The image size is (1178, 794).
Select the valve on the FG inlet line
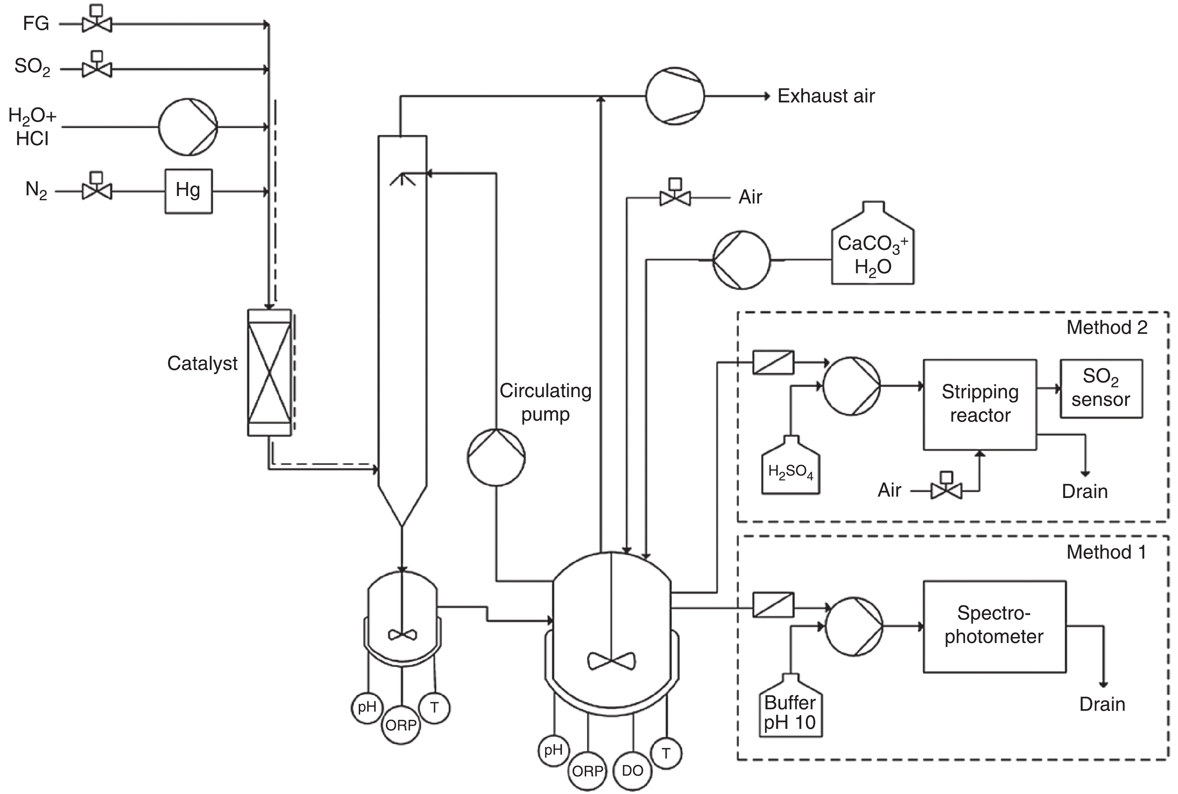[97, 23]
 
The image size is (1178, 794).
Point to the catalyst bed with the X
[269, 373]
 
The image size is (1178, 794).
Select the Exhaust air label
[826, 96]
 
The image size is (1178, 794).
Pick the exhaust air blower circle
[675, 96]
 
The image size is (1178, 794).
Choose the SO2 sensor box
[1101, 389]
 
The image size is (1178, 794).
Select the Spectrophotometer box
[994, 626]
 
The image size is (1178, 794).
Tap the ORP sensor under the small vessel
[401, 725]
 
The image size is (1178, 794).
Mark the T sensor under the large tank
[666, 754]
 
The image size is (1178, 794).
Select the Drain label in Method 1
[1102, 704]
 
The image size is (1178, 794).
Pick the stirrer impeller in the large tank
[611, 660]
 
